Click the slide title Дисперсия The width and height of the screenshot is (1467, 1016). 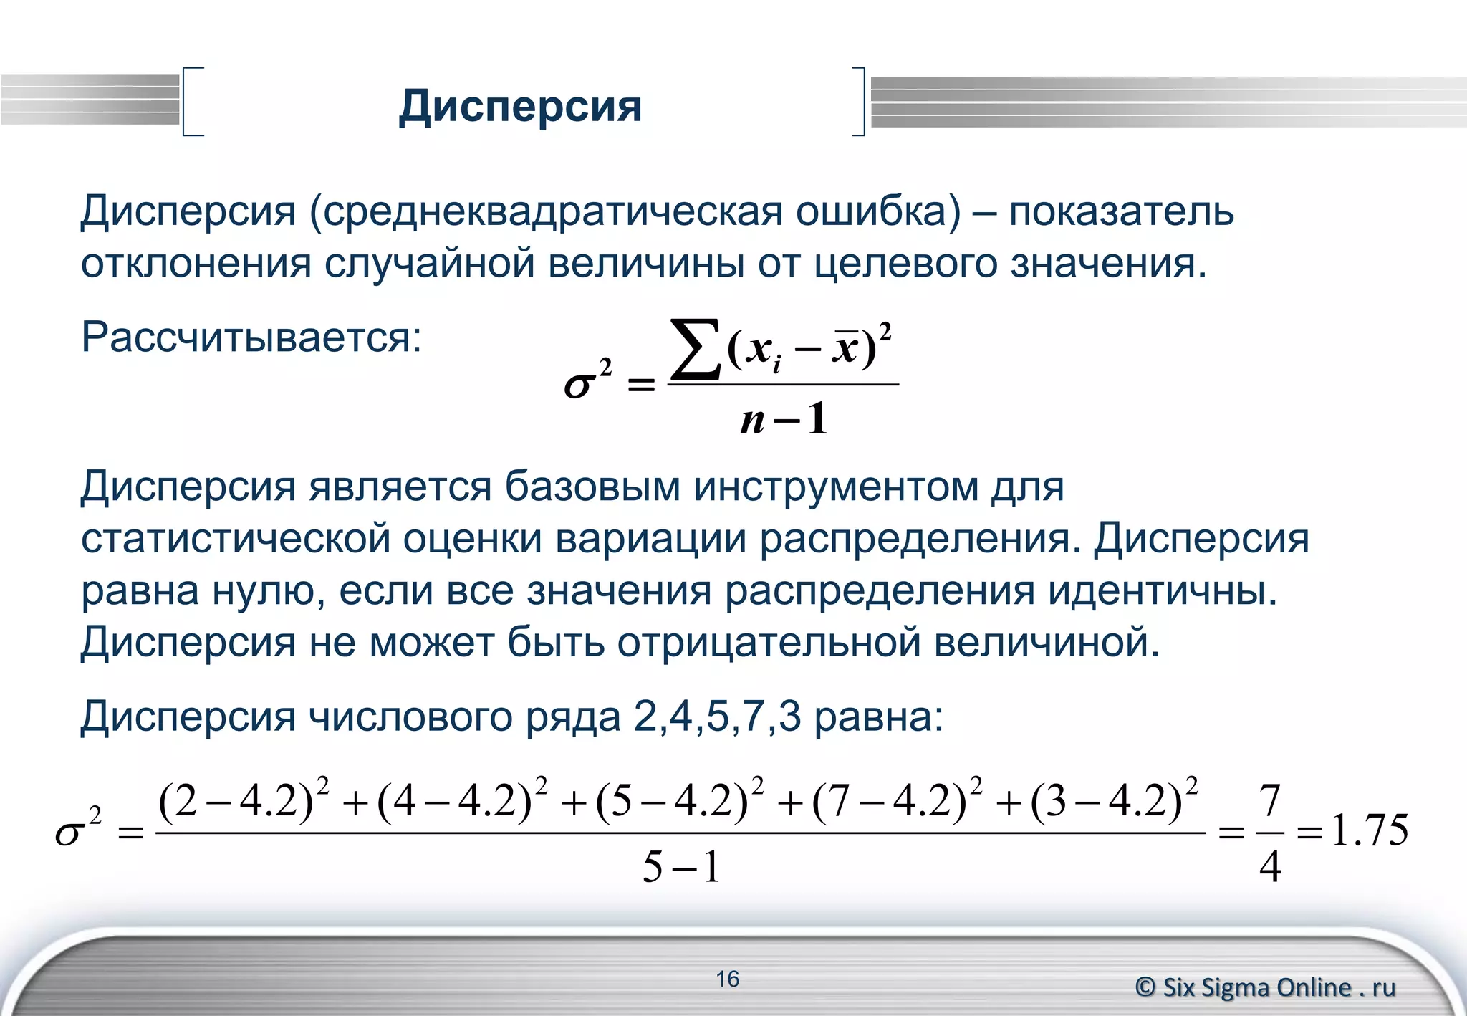pyautogui.click(x=520, y=106)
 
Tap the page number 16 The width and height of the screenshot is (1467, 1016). pyautogui.click(x=727, y=979)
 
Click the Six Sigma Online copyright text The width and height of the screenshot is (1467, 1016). pyautogui.click(x=1265, y=987)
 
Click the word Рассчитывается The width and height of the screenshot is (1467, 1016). pyautogui.click(x=251, y=337)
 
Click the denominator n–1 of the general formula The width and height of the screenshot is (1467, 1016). pyautogui.click(x=783, y=418)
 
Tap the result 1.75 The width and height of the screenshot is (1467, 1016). pyautogui.click(x=1370, y=831)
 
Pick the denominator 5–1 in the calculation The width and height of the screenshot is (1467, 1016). pyautogui.click(x=680, y=867)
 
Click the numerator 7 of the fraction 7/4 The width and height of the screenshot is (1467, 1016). pyautogui.click(x=1269, y=800)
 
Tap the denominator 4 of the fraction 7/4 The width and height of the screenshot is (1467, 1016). pyautogui.click(x=1269, y=866)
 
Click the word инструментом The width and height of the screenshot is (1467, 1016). pyautogui.click(x=836, y=487)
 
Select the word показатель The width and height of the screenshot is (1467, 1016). pyautogui.click(x=1121, y=211)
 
